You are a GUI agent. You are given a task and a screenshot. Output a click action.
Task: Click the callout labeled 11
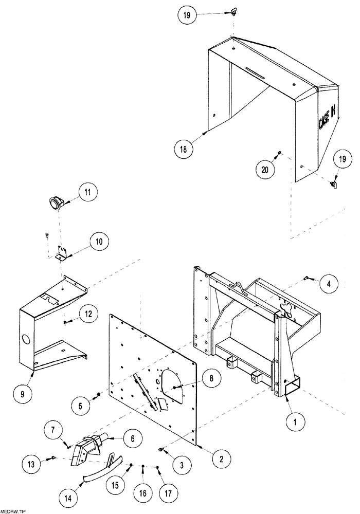tap(87, 193)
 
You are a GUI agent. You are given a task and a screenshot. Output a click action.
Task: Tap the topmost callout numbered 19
tap(187, 15)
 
